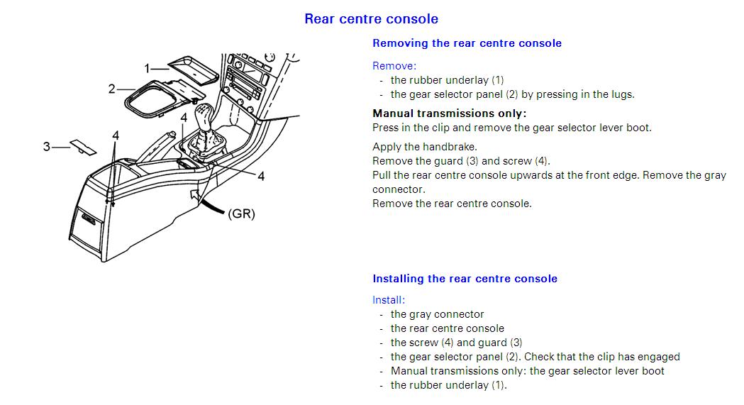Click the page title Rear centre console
point(371,19)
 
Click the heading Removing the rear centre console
point(467,43)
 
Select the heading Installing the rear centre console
point(465,279)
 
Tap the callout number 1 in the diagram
point(148,68)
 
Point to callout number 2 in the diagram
point(111,89)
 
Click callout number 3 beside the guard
point(47,147)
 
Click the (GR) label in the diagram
point(241,213)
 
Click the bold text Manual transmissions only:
point(450,113)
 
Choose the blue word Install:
point(389,300)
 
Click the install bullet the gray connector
point(437,314)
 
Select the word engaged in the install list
point(659,357)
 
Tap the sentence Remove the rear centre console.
point(452,204)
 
